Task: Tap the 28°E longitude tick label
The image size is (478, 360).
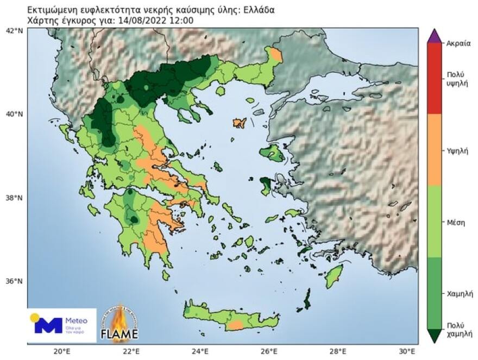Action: click(x=341, y=351)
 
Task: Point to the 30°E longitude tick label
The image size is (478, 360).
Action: click(x=411, y=351)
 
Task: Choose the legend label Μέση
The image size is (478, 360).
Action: click(x=455, y=222)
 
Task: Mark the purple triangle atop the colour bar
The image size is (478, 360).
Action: click(x=434, y=36)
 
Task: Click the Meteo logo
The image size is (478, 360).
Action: click(x=61, y=325)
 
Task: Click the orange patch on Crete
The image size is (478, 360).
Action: click(x=235, y=325)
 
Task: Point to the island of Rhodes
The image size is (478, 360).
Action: click(x=332, y=277)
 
